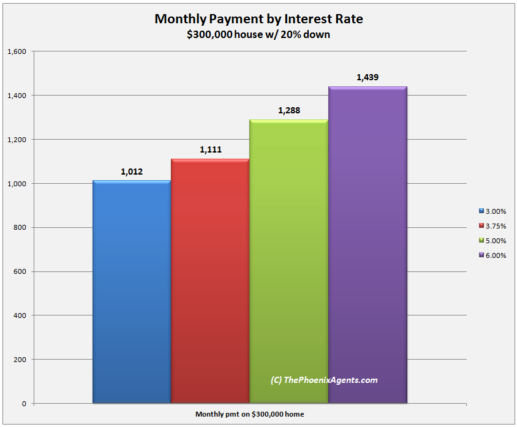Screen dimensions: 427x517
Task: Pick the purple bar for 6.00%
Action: pyautogui.click(x=368, y=244)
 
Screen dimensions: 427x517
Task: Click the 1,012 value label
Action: pyautogui.click(x=132, y=172)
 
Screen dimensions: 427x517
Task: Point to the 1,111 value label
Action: pyautogui.click(x=210, y=150)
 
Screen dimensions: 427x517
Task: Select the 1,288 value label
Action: pyautogui.click(x=289, y=111)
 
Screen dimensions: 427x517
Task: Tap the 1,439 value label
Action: pyautogui.click(x=368, y=78)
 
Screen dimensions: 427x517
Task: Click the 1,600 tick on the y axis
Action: pyautogui.click(x=17, y=51)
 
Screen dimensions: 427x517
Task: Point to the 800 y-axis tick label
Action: pyautogui.click(x=20, y=228)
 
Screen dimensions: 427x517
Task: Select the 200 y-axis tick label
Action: pyautogui.click(x=20, y=360)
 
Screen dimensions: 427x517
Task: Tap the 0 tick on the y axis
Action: pyautogui.click(x=24, y=404)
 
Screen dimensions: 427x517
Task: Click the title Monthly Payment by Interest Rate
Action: pyautogui.click(x=258, y=19)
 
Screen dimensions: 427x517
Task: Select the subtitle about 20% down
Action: pyautogui.click(x=258, y=34)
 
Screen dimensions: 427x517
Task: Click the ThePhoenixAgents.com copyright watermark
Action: pyautogui.click(x=324, y=380)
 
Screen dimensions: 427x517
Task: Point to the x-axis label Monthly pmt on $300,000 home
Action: pyautogui.click(x=250, y=414)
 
